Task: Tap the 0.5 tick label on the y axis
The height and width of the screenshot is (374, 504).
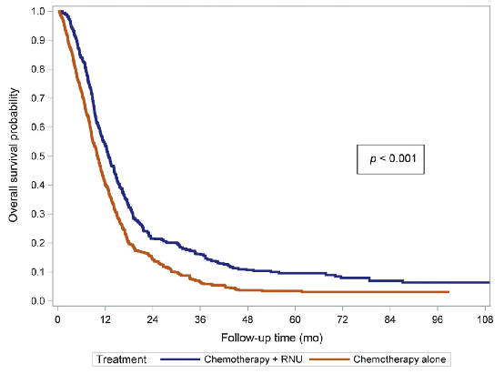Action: [x=38, y=156]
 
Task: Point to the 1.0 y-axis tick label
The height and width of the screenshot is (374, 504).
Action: [x=38, y=11]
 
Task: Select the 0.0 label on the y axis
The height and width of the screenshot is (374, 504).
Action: [x=38, y=301]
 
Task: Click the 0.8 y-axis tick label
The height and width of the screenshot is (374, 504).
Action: [x=38, y=69]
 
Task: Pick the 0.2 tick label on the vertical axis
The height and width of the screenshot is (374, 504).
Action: [x=38, y=243]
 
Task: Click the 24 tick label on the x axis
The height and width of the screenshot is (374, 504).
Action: [x=152, y=319]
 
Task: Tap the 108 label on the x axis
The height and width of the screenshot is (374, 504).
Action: [x=485, y=319]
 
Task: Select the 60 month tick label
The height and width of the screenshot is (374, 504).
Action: [x=295, y=319]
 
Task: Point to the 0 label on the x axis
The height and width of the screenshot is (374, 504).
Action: [x=57, y=319]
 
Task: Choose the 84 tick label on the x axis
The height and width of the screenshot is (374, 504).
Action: [x=390, y=319]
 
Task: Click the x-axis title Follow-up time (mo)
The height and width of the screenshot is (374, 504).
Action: [x=272, y=338]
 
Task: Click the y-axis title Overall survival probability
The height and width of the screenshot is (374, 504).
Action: [x=14, y=155]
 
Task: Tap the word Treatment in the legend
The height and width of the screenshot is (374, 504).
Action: [x=122, y=359]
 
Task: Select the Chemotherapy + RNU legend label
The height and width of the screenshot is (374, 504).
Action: [x=253, y=359]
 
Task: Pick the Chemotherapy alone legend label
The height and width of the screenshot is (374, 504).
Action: [x=399, y=359]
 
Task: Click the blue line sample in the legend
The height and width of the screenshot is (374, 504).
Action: [x=180, y=359]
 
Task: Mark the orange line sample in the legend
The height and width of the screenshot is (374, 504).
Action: [x=329, y=359]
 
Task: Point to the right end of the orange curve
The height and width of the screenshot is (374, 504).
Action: [x=449, y=292]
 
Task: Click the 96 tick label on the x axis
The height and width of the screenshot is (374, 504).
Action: [x=438, y=319]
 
